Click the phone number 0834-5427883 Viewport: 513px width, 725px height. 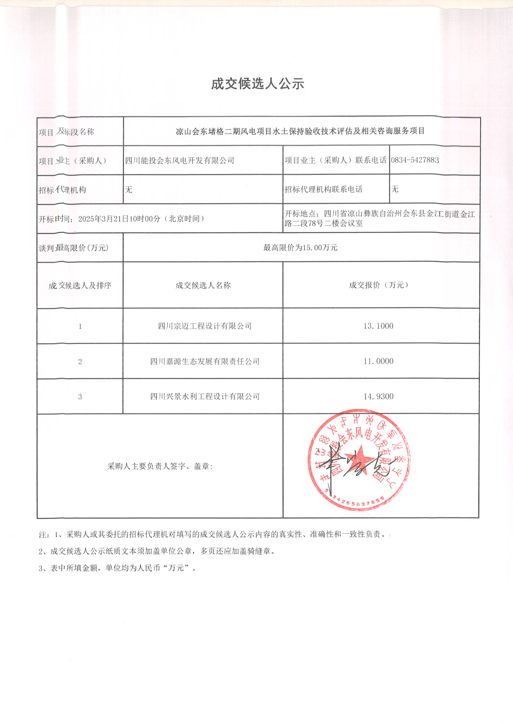(415, 160)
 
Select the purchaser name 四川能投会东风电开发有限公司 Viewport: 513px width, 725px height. (179, 160)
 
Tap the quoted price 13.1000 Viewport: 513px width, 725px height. (378, 326)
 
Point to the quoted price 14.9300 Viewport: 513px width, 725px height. (378, 396)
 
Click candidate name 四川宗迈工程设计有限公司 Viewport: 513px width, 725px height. (205, 326)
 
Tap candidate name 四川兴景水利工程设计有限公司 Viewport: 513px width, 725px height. (205, 396)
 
